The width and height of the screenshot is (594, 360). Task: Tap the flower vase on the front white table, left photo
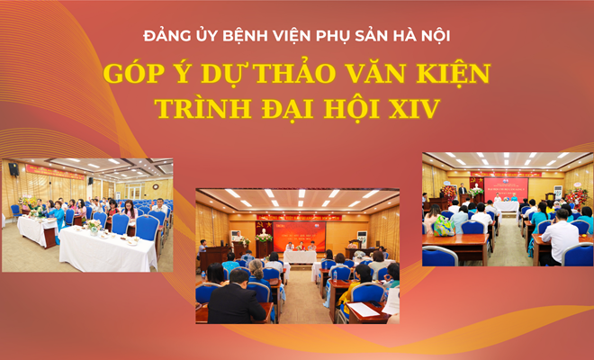[x=94, y=226]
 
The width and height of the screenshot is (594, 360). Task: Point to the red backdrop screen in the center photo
[x=299, y=235]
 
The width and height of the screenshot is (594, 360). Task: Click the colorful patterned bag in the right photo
[x=445, y=227]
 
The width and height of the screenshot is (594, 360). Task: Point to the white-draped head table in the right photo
[x=506, y=206]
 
